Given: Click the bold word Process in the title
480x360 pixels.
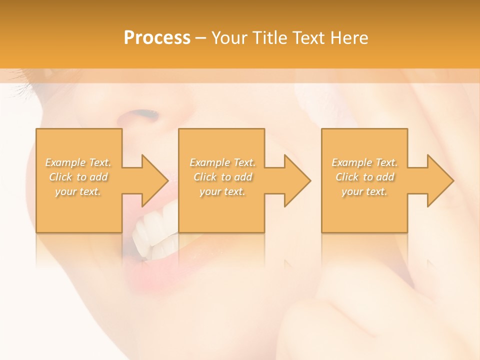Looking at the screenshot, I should pos(157,38).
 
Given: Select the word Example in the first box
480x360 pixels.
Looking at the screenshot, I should pos(65,162).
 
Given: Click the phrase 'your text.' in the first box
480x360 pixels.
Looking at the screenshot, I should pos(78,191).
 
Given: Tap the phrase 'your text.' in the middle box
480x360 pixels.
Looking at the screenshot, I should pos(222,191).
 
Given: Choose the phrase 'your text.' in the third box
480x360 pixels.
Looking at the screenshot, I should pos(364,191).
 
